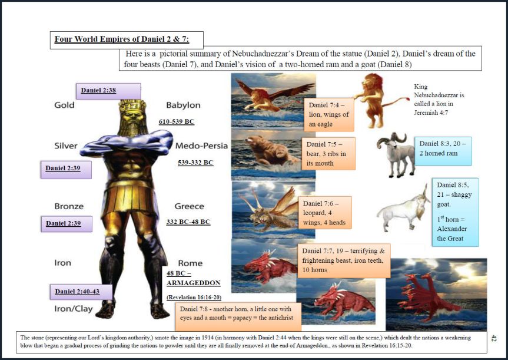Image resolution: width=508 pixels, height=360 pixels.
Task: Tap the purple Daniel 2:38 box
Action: pos(108,91)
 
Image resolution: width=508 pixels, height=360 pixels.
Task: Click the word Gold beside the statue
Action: pos(64,105)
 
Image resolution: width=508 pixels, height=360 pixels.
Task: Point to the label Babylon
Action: pos(183,105)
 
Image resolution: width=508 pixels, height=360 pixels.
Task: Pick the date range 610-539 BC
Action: pos(177,121)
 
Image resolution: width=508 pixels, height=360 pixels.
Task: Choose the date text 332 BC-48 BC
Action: pos(188,222)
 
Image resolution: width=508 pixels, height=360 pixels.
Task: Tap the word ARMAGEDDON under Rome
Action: pos(193,283)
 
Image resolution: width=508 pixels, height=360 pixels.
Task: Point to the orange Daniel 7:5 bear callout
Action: pos(328,154)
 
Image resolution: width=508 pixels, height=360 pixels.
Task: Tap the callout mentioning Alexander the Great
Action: pos(454,211)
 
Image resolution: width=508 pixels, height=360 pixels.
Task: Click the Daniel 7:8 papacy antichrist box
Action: pos(237,316)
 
